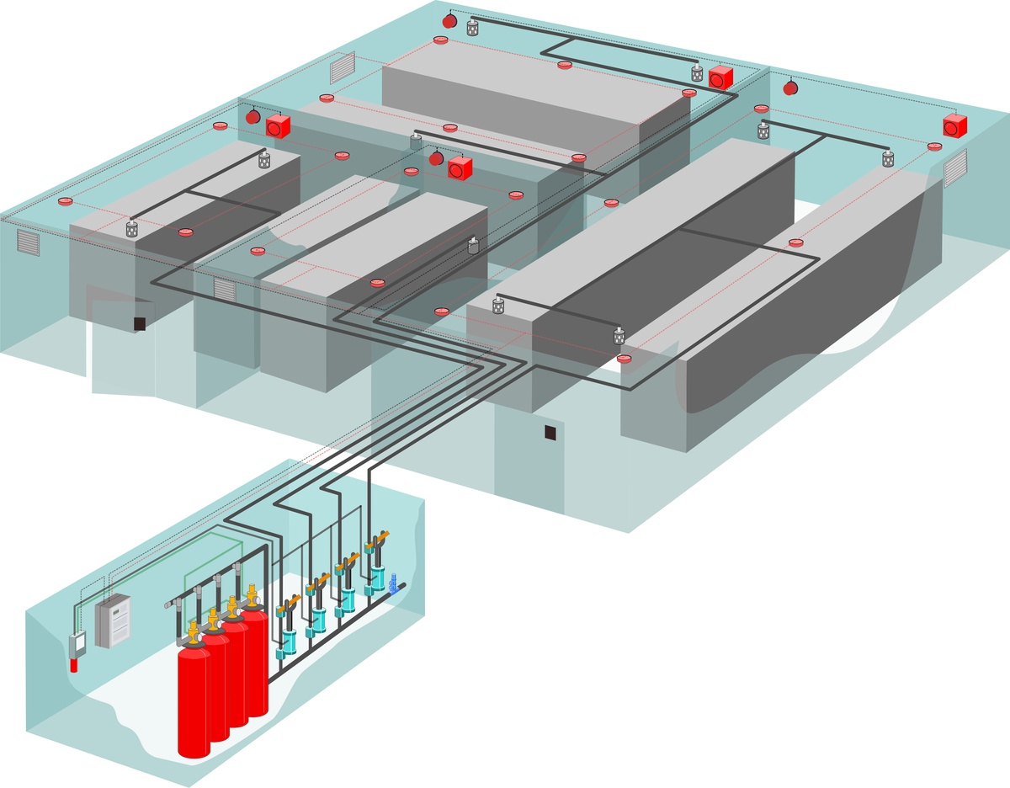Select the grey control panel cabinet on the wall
tap(113, 620)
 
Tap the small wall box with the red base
tap(77, 649)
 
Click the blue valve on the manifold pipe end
tap(393, 582)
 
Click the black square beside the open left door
tap(140, 323)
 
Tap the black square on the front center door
tap(550, 433)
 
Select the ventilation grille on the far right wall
tap(954, 170)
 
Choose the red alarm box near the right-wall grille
tap(954, 125)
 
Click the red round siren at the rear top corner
tap(449, 19)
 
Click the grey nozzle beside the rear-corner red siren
tap(472, 27)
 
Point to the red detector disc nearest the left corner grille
tap(65, 202)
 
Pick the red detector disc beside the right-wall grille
tap(933, 146)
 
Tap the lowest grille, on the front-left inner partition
tap(224, 290)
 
